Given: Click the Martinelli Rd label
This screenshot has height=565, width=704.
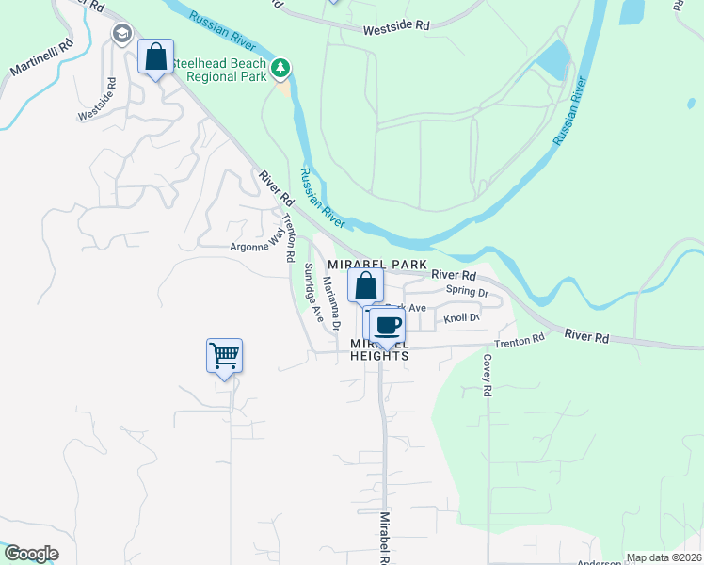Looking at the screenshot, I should [x=41, y=58].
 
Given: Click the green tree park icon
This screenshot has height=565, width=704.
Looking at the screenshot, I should [x=280, y=68].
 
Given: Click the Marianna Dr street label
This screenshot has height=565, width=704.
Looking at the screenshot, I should [x=330, y=303].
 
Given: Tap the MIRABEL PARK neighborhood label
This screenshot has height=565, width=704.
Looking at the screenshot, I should [x=377, y=265].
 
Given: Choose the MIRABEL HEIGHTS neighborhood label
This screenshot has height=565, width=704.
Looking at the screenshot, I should [x=380, y=350].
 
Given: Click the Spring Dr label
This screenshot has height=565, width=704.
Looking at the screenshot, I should [x=467, y=292].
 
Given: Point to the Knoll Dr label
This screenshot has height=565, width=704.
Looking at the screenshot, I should [x=461, y=318].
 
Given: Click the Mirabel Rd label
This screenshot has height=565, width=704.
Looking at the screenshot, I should [x=384, y=539].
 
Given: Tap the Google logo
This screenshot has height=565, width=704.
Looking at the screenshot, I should [x=30, y=554].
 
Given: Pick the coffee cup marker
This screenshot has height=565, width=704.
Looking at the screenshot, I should [x=387, y=326].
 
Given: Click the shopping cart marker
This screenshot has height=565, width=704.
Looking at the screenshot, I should [x=224, y=356].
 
